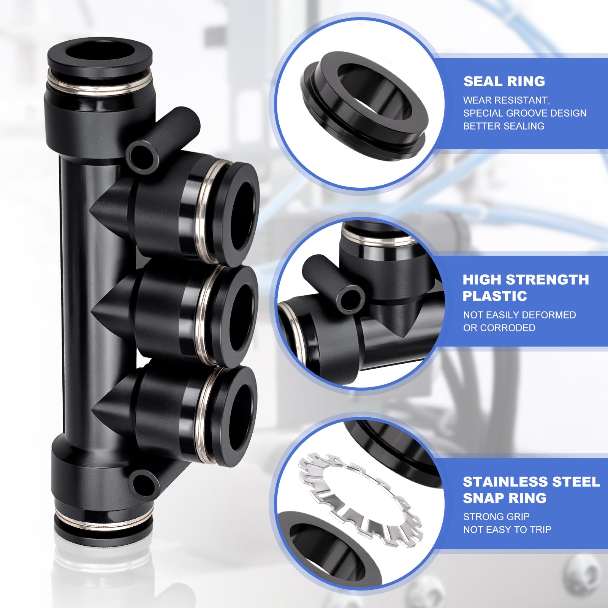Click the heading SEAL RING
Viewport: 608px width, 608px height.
click(x=504, y=81)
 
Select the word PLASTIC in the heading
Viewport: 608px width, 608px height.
click(x=495, y=296)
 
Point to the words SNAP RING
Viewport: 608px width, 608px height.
click(x=505, y=498)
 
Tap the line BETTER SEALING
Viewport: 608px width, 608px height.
click(x=503, y=126)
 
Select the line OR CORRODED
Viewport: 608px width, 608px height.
click(x=499, y=328)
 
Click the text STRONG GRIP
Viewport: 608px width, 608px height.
click(x=496, y=516)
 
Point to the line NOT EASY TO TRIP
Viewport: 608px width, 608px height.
click(x=507, y=529)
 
